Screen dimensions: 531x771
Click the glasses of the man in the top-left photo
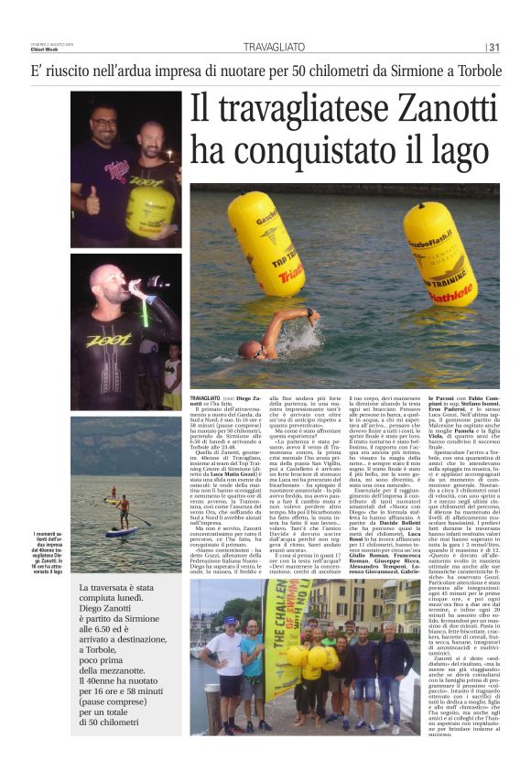pos(104,120)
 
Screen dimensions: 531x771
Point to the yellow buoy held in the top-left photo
pos(149,204)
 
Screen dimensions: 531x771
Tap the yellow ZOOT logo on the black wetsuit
pos(102,341)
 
